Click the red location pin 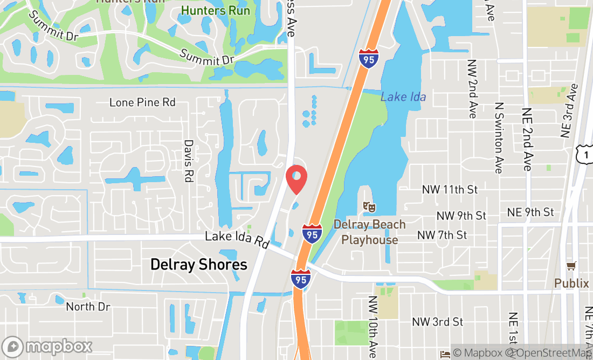coord(296,179)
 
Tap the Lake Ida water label coord(403,97)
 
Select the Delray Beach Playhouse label coord(370,232)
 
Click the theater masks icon coord(369,206)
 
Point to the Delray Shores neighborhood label coord(198,265)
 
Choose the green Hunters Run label coord(216,10)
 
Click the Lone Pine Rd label coord(142,102)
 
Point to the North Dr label coord(88,307)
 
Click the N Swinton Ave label coord(499,137)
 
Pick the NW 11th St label coord(450,190)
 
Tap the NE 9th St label coord(530,212)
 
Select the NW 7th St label coord(442,235)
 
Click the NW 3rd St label coord(437,322)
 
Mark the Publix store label coord(571,283)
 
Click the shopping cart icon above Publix coord(571,266)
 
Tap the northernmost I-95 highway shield coord(368,58)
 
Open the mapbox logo coord(47,347)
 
